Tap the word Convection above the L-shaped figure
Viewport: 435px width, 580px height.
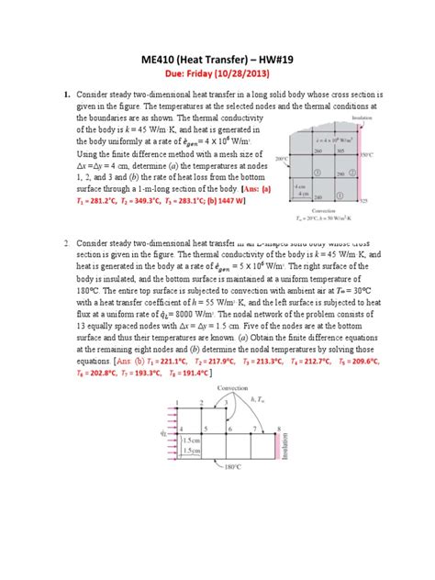[233, 388]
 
